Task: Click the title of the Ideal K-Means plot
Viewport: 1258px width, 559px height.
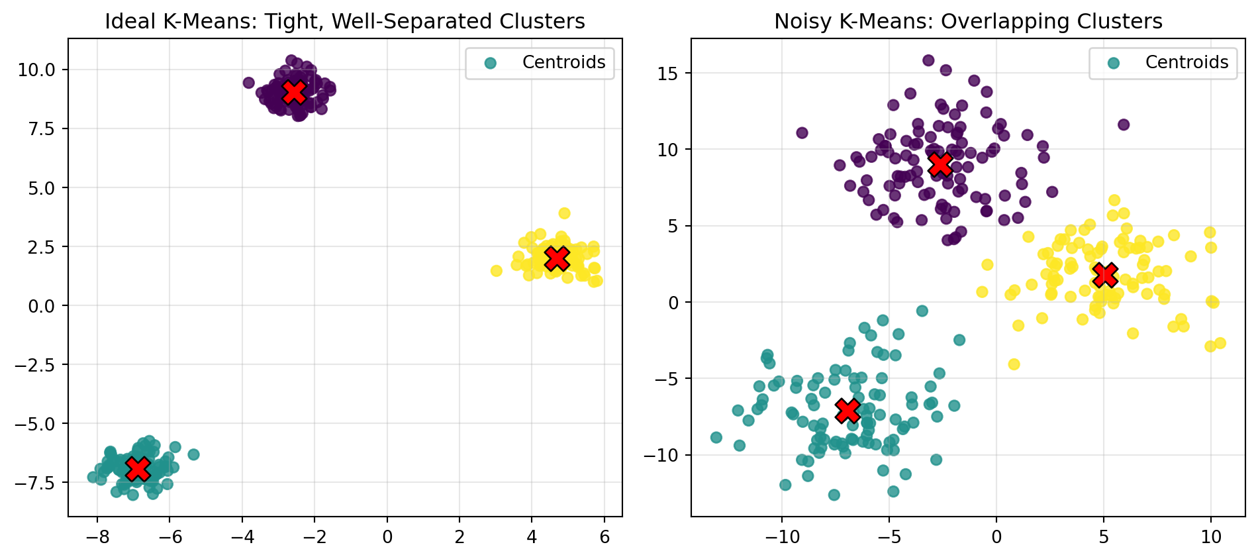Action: pos(344,22)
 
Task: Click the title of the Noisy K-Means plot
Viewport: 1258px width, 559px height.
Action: pos(968,22)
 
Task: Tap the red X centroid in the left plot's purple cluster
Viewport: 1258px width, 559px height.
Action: pos(295,92)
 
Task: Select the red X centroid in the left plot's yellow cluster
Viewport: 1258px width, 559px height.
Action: pos(557,258)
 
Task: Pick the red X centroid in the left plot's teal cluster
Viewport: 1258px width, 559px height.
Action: pos(138,468)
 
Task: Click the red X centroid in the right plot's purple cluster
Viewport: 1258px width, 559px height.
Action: pos(940,164)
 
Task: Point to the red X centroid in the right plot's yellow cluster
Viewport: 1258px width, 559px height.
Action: pos(1105,274)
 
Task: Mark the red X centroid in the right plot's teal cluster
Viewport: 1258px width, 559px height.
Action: pos(847,411)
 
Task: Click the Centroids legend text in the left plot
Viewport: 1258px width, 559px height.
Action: pos(563,62)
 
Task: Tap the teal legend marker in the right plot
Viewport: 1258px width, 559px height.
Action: pos(1114,63)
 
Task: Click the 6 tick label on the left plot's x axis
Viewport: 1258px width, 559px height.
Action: pos(604,536)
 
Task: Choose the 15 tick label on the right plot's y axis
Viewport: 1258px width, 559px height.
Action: pos(668,74)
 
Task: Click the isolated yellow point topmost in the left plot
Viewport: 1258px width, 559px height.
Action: pos(564,213)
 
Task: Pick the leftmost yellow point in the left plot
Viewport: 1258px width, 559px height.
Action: pos(497,271)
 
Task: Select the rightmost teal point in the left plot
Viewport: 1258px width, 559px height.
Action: pos(193,454)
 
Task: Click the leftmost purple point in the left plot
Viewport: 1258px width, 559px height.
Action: pos(249,83)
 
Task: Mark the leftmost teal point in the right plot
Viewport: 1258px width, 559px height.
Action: pos(716,438)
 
